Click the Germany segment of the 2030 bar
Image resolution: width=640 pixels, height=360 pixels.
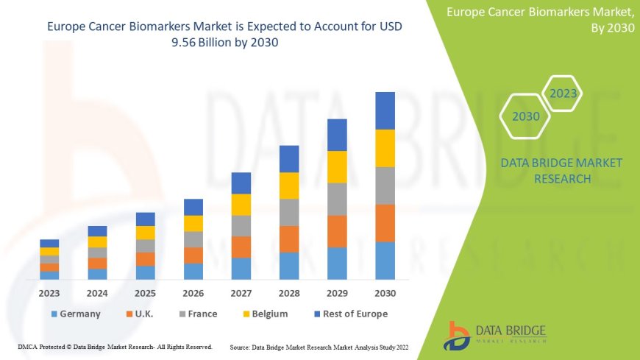click(385, 261)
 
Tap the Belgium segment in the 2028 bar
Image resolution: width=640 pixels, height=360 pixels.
click(289, 186)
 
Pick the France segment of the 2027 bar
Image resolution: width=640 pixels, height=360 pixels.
click(241, 225)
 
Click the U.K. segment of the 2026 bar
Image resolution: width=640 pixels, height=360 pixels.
click(193, 255)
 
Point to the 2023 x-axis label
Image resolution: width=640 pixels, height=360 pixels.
click(49, 293)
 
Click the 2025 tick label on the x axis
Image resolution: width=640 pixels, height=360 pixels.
click(146, 293)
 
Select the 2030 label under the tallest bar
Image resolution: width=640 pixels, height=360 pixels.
click(385, 293)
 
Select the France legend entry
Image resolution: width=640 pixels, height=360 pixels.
click(195, 314)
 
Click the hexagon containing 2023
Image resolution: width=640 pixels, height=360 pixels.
click(563, 94)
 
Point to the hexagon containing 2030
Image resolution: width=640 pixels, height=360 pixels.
click(526, 116)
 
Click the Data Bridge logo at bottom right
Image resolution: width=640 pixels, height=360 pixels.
click(494, 335)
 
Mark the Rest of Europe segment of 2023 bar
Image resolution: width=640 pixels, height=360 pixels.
click(49, 243)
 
